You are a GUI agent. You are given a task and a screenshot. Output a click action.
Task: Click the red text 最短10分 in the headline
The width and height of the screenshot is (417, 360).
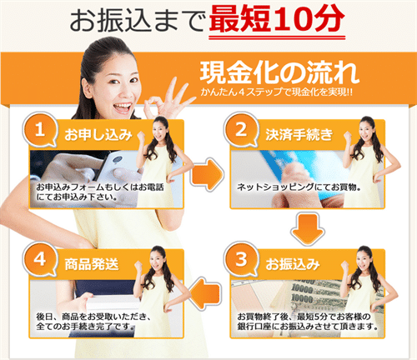276,18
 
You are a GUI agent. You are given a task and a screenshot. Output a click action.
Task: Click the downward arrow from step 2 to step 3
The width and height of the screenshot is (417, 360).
308,227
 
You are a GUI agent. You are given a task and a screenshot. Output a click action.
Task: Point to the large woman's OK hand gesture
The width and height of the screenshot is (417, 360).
154,108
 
